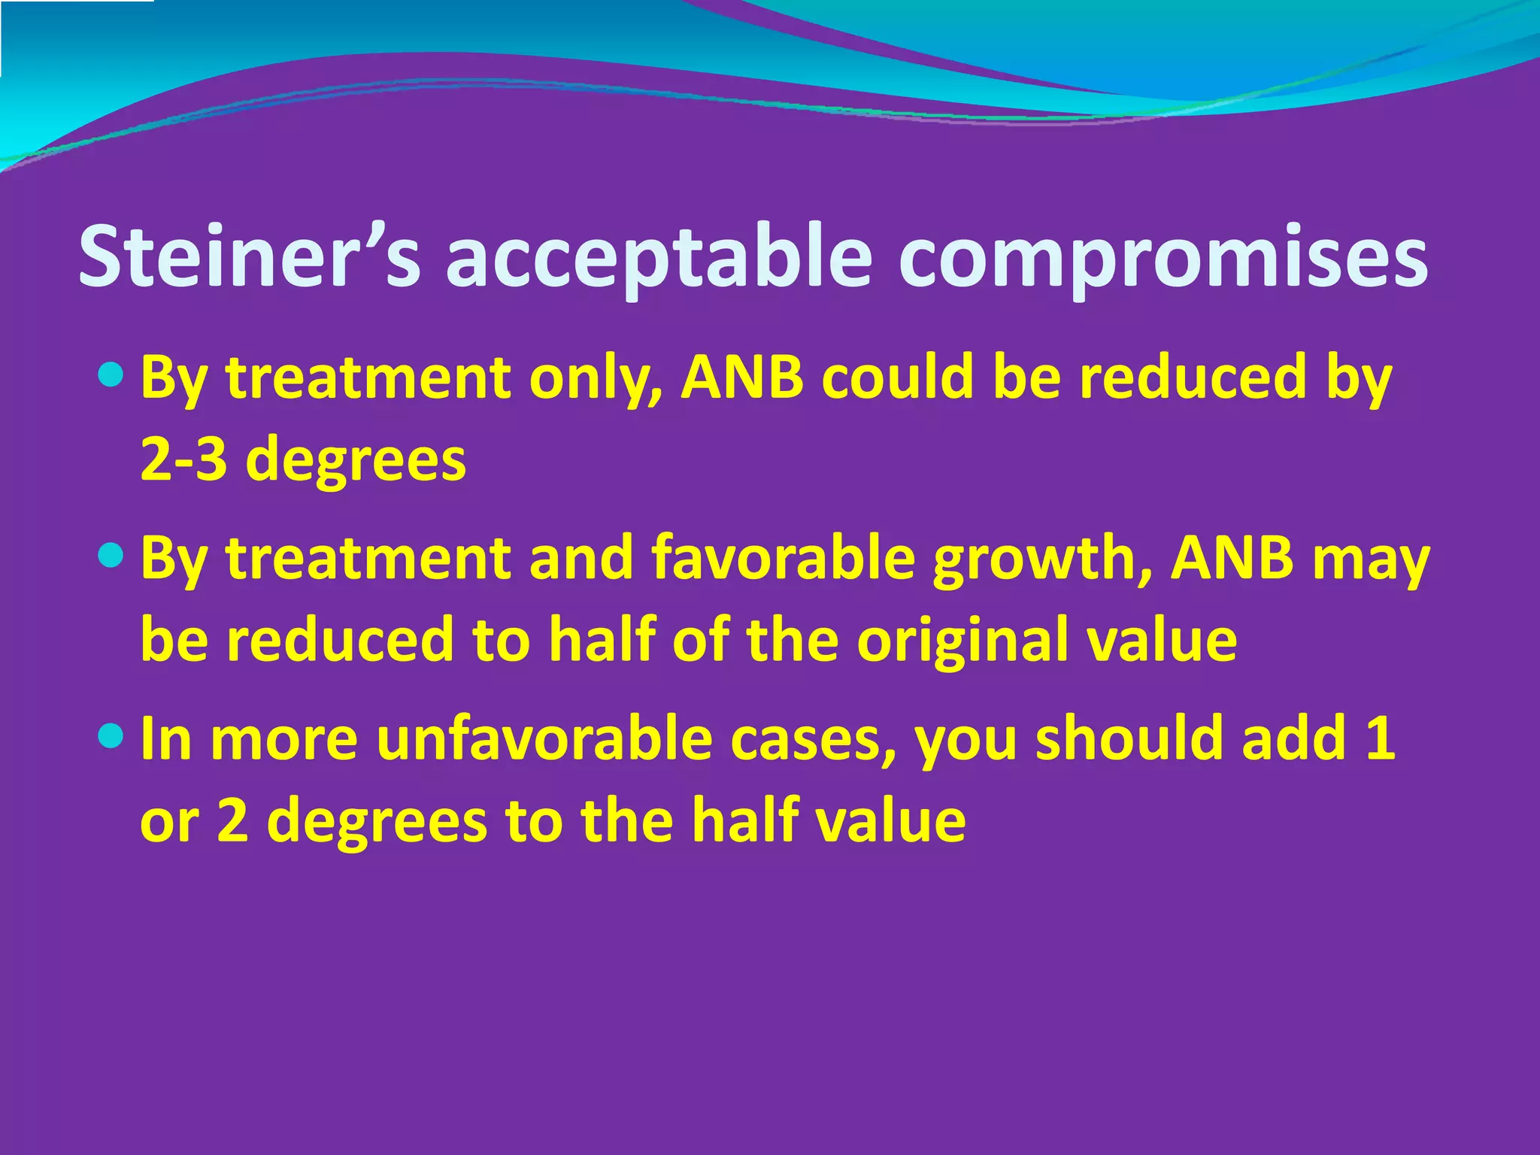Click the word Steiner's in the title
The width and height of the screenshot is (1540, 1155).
[248, 257]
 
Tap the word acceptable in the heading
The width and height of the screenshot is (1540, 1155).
[658, 257]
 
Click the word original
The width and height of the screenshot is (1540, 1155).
[952, 639]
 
